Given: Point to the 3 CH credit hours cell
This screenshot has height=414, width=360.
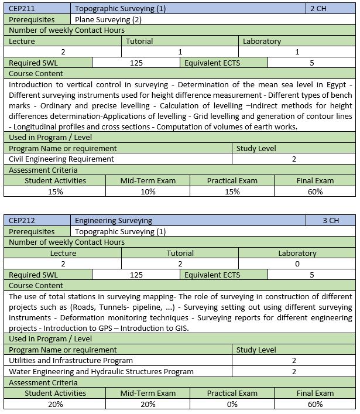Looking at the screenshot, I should pos(331,221).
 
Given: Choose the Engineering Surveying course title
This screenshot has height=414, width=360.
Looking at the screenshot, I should pos(114,221).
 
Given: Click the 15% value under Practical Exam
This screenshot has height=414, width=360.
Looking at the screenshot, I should pos(232,191).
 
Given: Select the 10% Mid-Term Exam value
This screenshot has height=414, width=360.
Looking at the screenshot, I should pos(148,191).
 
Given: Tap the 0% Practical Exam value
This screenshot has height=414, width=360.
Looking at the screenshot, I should pos(232,403).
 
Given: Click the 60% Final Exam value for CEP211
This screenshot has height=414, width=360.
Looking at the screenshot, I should pos(314,191).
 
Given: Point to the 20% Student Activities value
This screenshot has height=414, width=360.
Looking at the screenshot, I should pos(54,403).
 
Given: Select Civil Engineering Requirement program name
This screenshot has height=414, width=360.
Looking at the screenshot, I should pos(61,159).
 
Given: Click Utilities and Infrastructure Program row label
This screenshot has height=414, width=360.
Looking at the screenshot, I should pos(71,360).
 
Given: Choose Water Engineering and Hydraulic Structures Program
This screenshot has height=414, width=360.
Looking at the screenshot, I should pos(101,371).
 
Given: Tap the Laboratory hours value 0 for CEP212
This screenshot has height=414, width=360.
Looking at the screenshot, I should pos(297,264).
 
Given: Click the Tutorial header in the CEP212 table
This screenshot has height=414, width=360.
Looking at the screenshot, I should pos(180,254).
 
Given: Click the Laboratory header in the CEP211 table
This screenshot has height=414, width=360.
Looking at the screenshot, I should pos(262,42).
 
